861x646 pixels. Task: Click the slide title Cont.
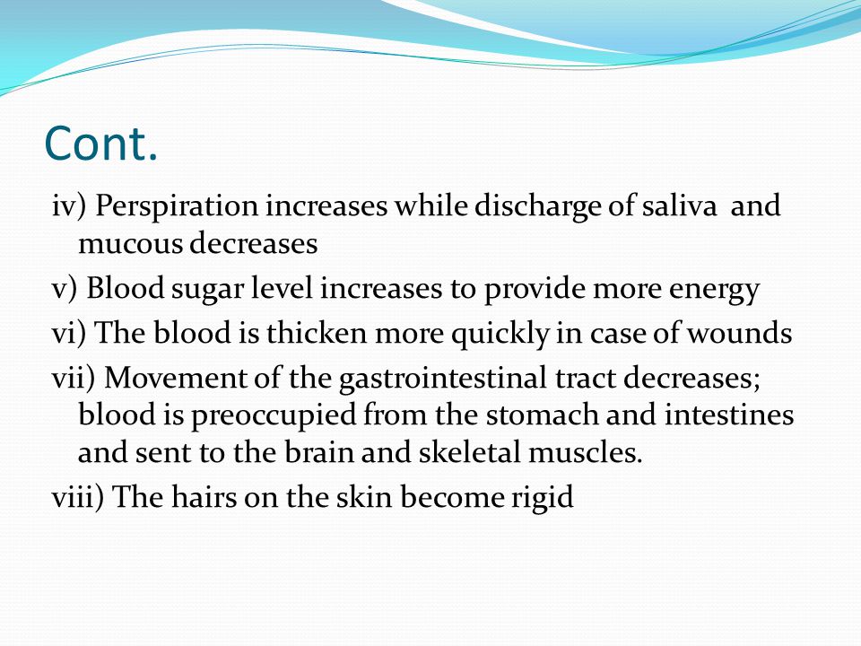[101, 143]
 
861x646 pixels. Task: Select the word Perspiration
[177, 207]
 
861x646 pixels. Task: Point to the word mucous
[130, 244]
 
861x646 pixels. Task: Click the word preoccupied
[274, 416]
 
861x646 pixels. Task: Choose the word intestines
[729, 415]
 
